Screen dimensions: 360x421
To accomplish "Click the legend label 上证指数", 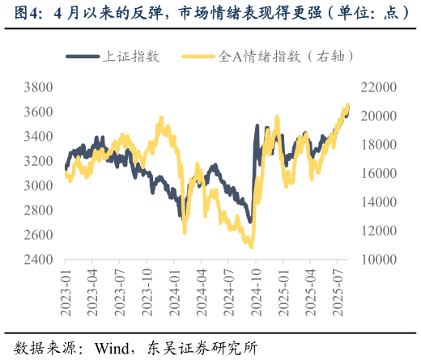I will pyautogui.click(x=130, y=57).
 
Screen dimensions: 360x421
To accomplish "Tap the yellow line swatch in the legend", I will pyautogui.click(x=199, y=57).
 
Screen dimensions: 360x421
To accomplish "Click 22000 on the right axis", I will pyautogui.click(x=378, y=87).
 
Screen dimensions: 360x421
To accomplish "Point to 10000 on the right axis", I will pyautogui.click(x=378, y=260).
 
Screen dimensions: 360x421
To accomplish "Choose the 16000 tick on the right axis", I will pyautogui.click(x=378, y=174).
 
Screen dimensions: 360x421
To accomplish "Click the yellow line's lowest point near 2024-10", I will pyautogui.click(x=251, y=246).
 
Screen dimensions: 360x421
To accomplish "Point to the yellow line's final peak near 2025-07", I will pyautogui.click(x=347, y=104).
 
